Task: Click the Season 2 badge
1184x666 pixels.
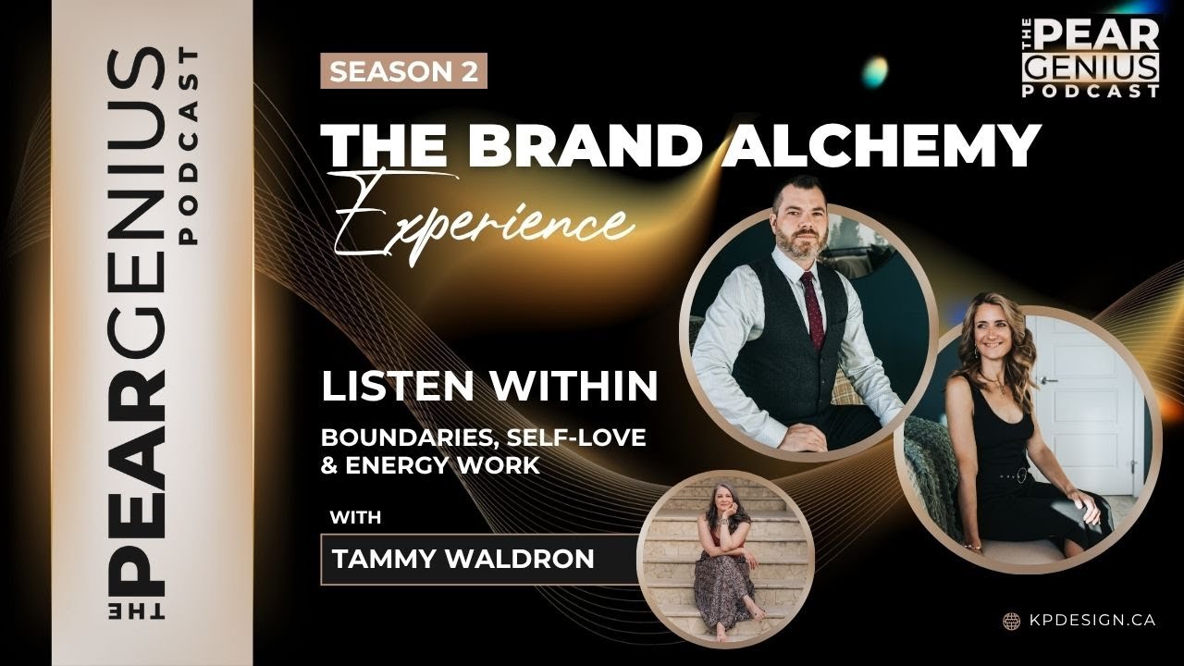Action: [403, 72]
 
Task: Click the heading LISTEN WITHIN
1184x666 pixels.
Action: [489, 386]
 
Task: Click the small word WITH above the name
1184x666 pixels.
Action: [356, 517]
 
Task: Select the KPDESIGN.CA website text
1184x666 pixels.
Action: [1091, 621]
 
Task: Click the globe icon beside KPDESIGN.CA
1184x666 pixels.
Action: [1011, 621]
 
